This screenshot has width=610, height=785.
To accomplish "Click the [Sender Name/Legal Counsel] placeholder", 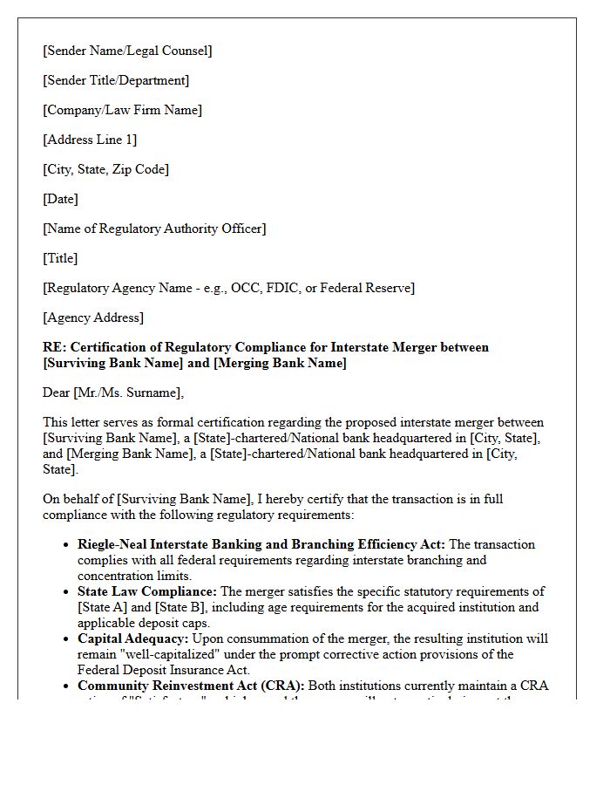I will [x=127, y=51].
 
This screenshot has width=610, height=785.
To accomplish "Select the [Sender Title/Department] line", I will [x=116, y=80].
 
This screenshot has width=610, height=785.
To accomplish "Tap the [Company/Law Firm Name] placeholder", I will [x=122, y=110].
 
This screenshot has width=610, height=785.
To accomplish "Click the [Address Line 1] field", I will [x=90, y=140].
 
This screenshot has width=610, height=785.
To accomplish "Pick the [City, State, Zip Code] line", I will [x=105, y=169].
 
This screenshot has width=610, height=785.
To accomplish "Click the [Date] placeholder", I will [x=60, y=199].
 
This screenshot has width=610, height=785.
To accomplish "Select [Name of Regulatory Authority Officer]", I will [x=154, y=229].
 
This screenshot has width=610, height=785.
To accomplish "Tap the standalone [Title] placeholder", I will [x=60, y=258].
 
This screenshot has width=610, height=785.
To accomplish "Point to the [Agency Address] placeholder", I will [x=93, y=317].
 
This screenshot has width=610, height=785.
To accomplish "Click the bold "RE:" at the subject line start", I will [x=54, y=347].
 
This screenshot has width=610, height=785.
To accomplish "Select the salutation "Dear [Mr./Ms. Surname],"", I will [x=113, y=392].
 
